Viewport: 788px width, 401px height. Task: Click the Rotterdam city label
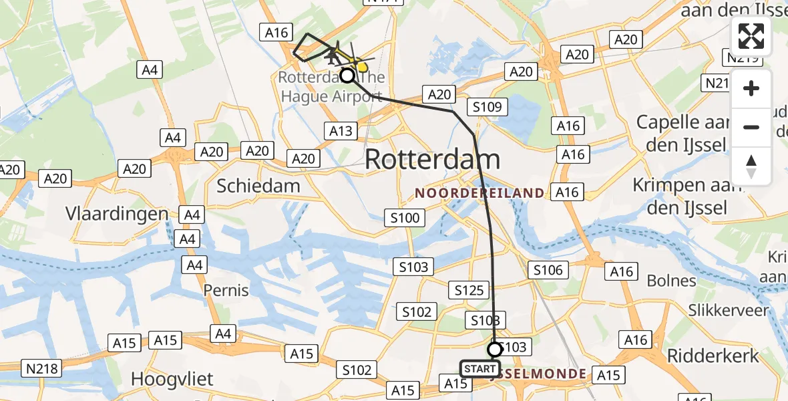click(x=433, y=159)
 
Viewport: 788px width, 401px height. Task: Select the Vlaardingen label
click(x=117, y=213)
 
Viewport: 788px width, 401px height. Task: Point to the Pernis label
click(x=226, y=290)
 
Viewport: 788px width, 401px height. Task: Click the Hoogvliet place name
click(x=172, y=379)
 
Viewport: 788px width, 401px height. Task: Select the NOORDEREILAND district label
click(x=479, y=193)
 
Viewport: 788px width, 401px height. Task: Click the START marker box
click(x=479, y=369)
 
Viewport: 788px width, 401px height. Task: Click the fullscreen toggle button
click(x=751, y=36)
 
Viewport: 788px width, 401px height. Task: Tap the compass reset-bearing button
click(x=751, y=166)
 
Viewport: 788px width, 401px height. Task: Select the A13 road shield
click(x=340, y=130)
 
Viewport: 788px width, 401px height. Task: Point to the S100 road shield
click(x=405, y=217)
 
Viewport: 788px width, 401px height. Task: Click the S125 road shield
click(x=469, y=290)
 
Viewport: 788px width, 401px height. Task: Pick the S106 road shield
click(x=548, y=270)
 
